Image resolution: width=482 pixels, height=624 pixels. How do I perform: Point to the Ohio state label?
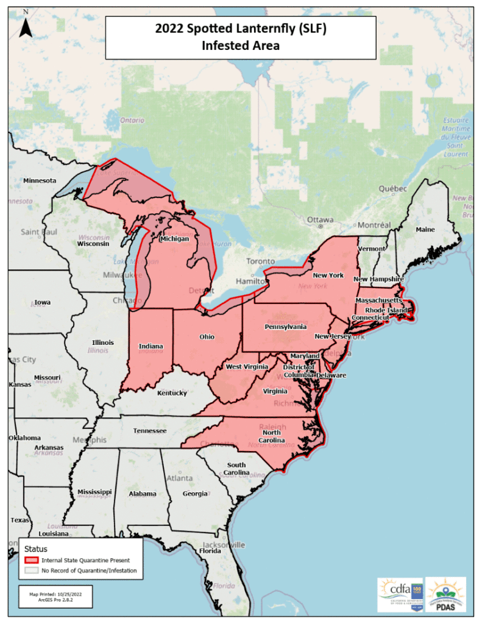(207, 336)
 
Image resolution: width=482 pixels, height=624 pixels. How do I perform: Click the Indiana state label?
(151, 346)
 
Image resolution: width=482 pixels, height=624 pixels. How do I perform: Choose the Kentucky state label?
(172, 393)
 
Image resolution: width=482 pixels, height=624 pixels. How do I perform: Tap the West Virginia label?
(247, 367)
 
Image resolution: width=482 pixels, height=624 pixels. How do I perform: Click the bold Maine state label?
(425, 230)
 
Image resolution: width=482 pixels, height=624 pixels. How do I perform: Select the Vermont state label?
(371, 249)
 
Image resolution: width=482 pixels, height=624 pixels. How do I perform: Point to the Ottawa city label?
(320, 219)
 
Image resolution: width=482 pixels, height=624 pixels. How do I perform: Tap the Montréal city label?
(373, 225)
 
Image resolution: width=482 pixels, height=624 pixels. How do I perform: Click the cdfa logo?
(399, 594)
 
